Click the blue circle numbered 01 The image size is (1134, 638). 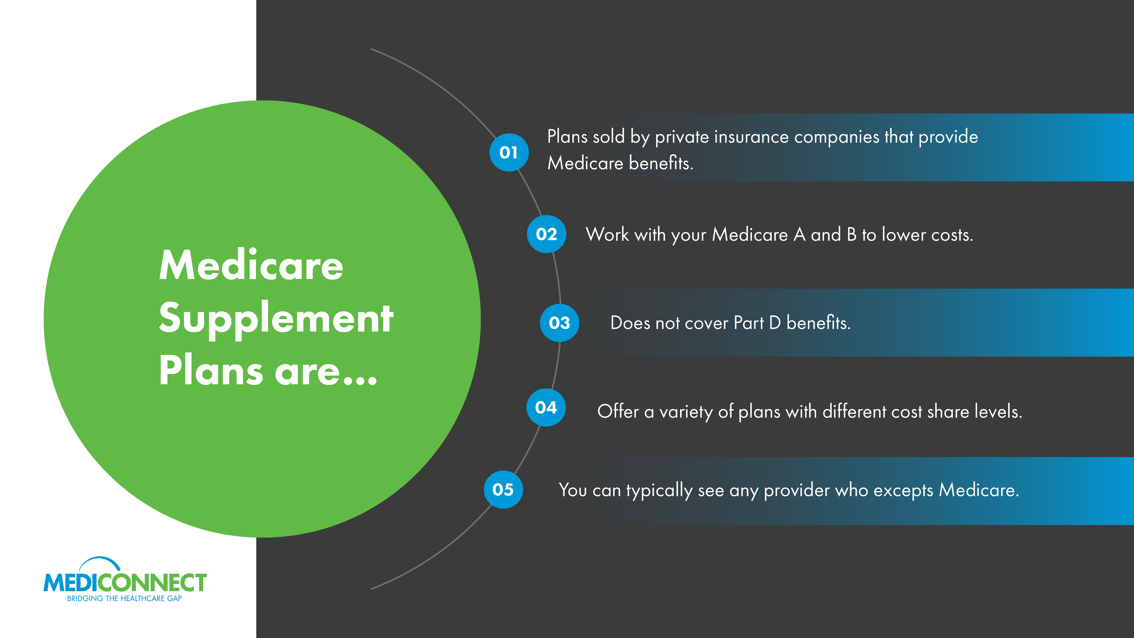pyautogui.click(x=509, y=152)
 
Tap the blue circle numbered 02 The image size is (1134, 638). pyautogui.click(x=546, y=234)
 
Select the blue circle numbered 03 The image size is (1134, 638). pyautogui.click(x=560, y=323)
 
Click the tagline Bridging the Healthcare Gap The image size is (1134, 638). pyautogui.click(x=125, y=598)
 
